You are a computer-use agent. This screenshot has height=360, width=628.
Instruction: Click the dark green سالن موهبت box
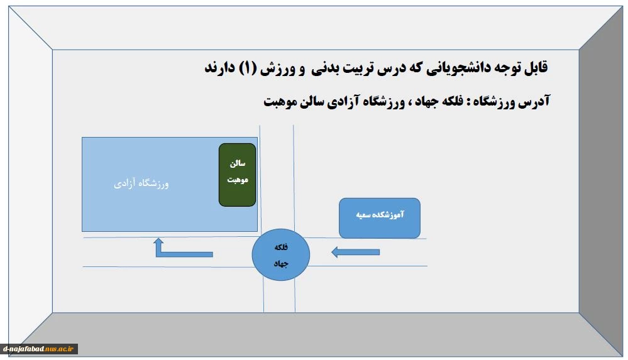pos(237,175)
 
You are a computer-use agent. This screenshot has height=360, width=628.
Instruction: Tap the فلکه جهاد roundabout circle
pos(281,254)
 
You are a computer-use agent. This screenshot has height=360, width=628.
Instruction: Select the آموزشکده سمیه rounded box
pos(380,218)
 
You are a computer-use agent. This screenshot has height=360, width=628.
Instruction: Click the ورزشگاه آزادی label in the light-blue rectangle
pos(141,183)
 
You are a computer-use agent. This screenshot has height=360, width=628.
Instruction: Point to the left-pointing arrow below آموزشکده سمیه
pos(356,253)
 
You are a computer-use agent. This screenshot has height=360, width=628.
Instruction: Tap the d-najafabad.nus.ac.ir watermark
pos(39,349)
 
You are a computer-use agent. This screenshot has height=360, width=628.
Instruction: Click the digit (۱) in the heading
pos(248,68)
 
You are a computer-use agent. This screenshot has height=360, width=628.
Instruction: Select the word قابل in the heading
pos(536,68)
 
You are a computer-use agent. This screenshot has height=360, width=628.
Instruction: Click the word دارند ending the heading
pos(219,68)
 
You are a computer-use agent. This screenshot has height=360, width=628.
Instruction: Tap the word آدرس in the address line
pos(534,101)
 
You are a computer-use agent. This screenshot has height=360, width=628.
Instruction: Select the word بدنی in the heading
pos(324,68)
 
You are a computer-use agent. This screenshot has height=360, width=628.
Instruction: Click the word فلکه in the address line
pos(452,101)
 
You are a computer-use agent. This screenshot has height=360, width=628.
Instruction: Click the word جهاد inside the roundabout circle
pos(281,264)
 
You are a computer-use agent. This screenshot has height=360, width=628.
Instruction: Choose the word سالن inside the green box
pos(238,163)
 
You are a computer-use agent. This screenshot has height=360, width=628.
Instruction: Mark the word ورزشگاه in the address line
pos(494,101)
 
